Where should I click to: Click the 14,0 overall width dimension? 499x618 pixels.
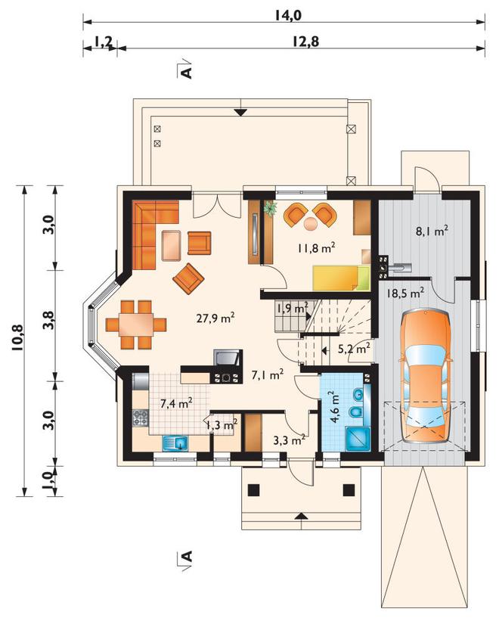coord(289,15)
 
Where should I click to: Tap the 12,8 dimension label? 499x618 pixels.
coord(305,41)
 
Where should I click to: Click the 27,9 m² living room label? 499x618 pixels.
coord(215,318)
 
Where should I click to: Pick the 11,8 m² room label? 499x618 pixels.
coord(316,248)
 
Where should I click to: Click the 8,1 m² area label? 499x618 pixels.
coord(432,231)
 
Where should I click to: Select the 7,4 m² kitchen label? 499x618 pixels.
coord(176,403)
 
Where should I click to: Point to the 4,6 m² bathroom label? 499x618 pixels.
coord(335,407)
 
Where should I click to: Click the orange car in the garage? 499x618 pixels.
coord(425,377)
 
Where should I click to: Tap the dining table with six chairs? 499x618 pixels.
coord(136,325)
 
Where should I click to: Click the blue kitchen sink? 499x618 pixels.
coord(175,443)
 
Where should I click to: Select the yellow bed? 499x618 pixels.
coord(342,277)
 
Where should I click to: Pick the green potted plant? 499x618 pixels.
coord(270,209)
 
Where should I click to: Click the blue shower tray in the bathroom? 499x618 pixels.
coord(358,439)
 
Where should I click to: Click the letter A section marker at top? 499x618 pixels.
coord(187,72)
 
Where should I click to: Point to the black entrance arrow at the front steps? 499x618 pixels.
coord(301,514)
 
